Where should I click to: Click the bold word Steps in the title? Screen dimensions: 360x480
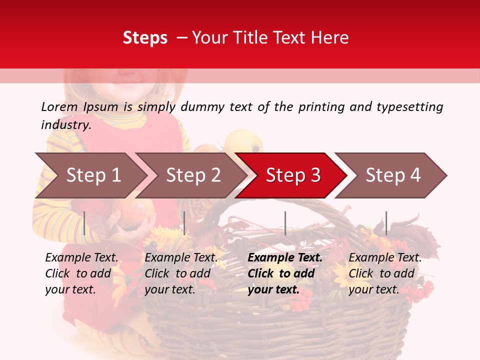tap(145, 37)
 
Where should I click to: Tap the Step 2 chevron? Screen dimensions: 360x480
tap(193, 175)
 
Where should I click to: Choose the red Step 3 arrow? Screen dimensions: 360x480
tap(293, 175)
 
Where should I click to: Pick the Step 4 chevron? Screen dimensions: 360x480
tap(393, 175)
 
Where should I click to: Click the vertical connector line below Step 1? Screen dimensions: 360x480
tap(84, 223)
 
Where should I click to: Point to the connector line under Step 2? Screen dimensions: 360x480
tap(184, 223)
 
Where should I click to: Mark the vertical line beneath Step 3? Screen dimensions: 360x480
tap(285, 223)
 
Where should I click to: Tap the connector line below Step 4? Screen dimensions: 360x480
tap(386, 223)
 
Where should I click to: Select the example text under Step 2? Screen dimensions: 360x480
tap(181, 273)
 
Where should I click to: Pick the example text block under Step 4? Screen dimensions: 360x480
tap(385, 273)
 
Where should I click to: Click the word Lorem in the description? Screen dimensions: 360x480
tap(59, 106)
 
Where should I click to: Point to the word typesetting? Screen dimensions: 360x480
tap(409, 106)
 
